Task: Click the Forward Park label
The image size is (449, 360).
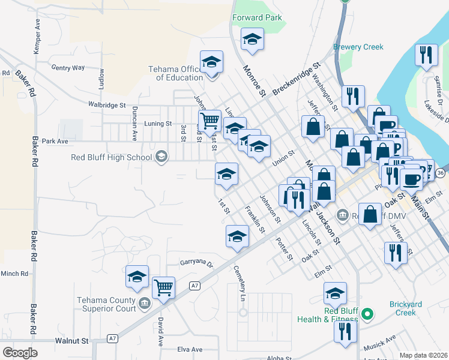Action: tap(257, 18)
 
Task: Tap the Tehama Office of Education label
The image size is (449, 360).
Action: tap(176, 73)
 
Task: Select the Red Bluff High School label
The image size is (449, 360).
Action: tap(112, 158)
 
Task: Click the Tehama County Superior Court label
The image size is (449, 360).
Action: tap(106, 304)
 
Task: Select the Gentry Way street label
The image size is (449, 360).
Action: tap(68, 68)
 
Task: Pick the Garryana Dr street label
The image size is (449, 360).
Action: tap(197, 263)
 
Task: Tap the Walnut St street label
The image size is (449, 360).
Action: tap(71, 340)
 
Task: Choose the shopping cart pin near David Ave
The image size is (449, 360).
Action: tap(163, 288)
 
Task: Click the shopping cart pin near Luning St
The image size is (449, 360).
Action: tap(209, 121)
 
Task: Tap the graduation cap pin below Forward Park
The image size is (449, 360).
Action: tap(252, 40)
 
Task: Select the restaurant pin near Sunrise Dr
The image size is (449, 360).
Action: tap(426, 55)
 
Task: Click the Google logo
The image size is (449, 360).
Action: tap(20, 353)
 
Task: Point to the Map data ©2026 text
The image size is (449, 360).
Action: tap(424, 355)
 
